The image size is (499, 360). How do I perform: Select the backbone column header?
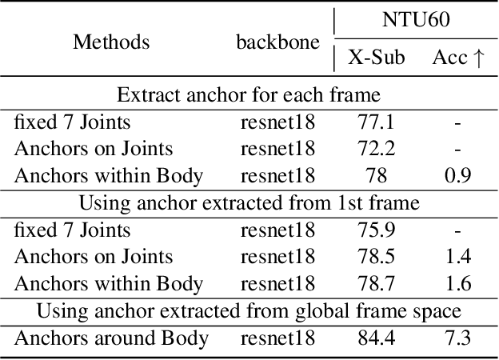(x=277, y=42)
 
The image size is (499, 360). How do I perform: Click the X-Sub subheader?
(x=377, y=58)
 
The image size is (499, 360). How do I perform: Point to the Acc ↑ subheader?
(x=459, y=58)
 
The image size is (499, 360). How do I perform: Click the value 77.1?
(x=377, y=122)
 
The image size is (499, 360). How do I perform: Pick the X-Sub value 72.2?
(x=377, y=149)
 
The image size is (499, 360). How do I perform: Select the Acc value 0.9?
(x=457, y=176)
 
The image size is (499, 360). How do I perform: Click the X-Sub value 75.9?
(x=377, y=230)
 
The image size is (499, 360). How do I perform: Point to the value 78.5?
(x=377, y=257)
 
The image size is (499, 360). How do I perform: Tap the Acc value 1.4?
(x=457, y=257)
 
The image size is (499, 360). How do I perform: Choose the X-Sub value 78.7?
(x=377, y=284)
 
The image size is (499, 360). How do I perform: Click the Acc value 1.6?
(x=457, y=284)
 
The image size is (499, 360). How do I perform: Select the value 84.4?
(x=377, y=338)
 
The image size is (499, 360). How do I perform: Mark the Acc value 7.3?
(x=457, y=338)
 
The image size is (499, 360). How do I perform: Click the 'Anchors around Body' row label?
(x=111, y=338)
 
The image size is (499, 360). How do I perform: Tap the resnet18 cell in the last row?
(x=277, y=338)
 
